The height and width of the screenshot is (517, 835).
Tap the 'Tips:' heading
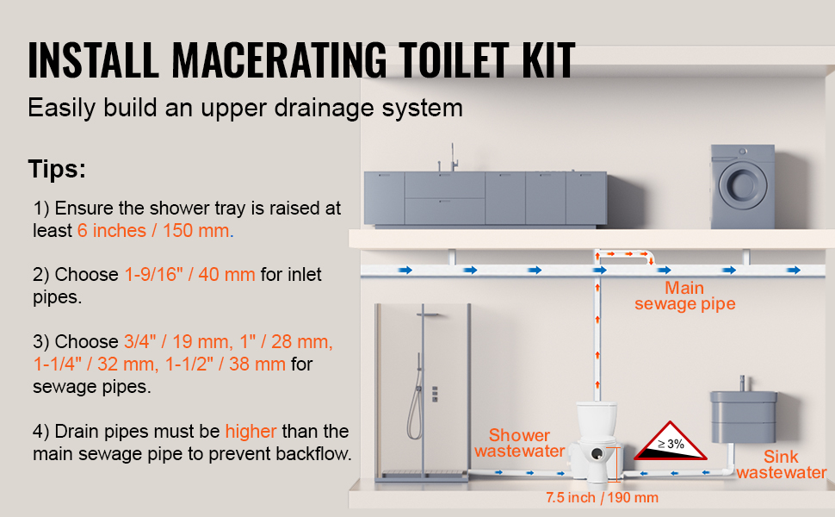click(57, 169)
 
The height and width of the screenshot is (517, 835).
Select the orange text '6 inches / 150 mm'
click(153, 230)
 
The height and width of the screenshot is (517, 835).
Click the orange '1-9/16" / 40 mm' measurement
click(189, 274)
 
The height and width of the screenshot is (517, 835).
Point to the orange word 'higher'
click(251, 431)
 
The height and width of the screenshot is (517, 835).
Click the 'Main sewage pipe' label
click(685, 296)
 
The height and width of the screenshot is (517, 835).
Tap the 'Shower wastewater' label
click(520, 443)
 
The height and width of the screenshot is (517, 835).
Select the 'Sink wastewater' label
click(782, 464)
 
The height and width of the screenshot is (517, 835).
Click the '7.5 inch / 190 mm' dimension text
click(602, 498)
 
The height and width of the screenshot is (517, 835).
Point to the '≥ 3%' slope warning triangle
click(671, 442)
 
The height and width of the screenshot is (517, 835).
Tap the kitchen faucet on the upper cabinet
click(453, 158)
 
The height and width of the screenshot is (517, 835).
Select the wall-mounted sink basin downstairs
click(744, 416)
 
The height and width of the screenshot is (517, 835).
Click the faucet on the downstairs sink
click(742, 383)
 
